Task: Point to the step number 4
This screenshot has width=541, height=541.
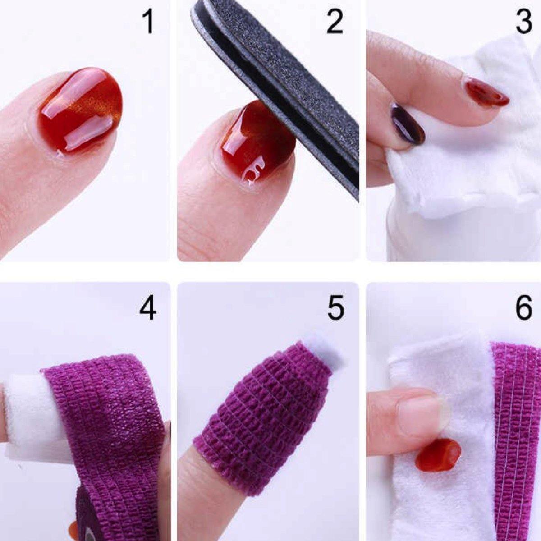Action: tap(148, 308)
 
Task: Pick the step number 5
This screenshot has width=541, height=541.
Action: tap(335, 308)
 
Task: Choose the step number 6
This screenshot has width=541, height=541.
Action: tap(524, 308)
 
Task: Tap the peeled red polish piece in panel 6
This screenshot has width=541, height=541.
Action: tap(438, 454)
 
